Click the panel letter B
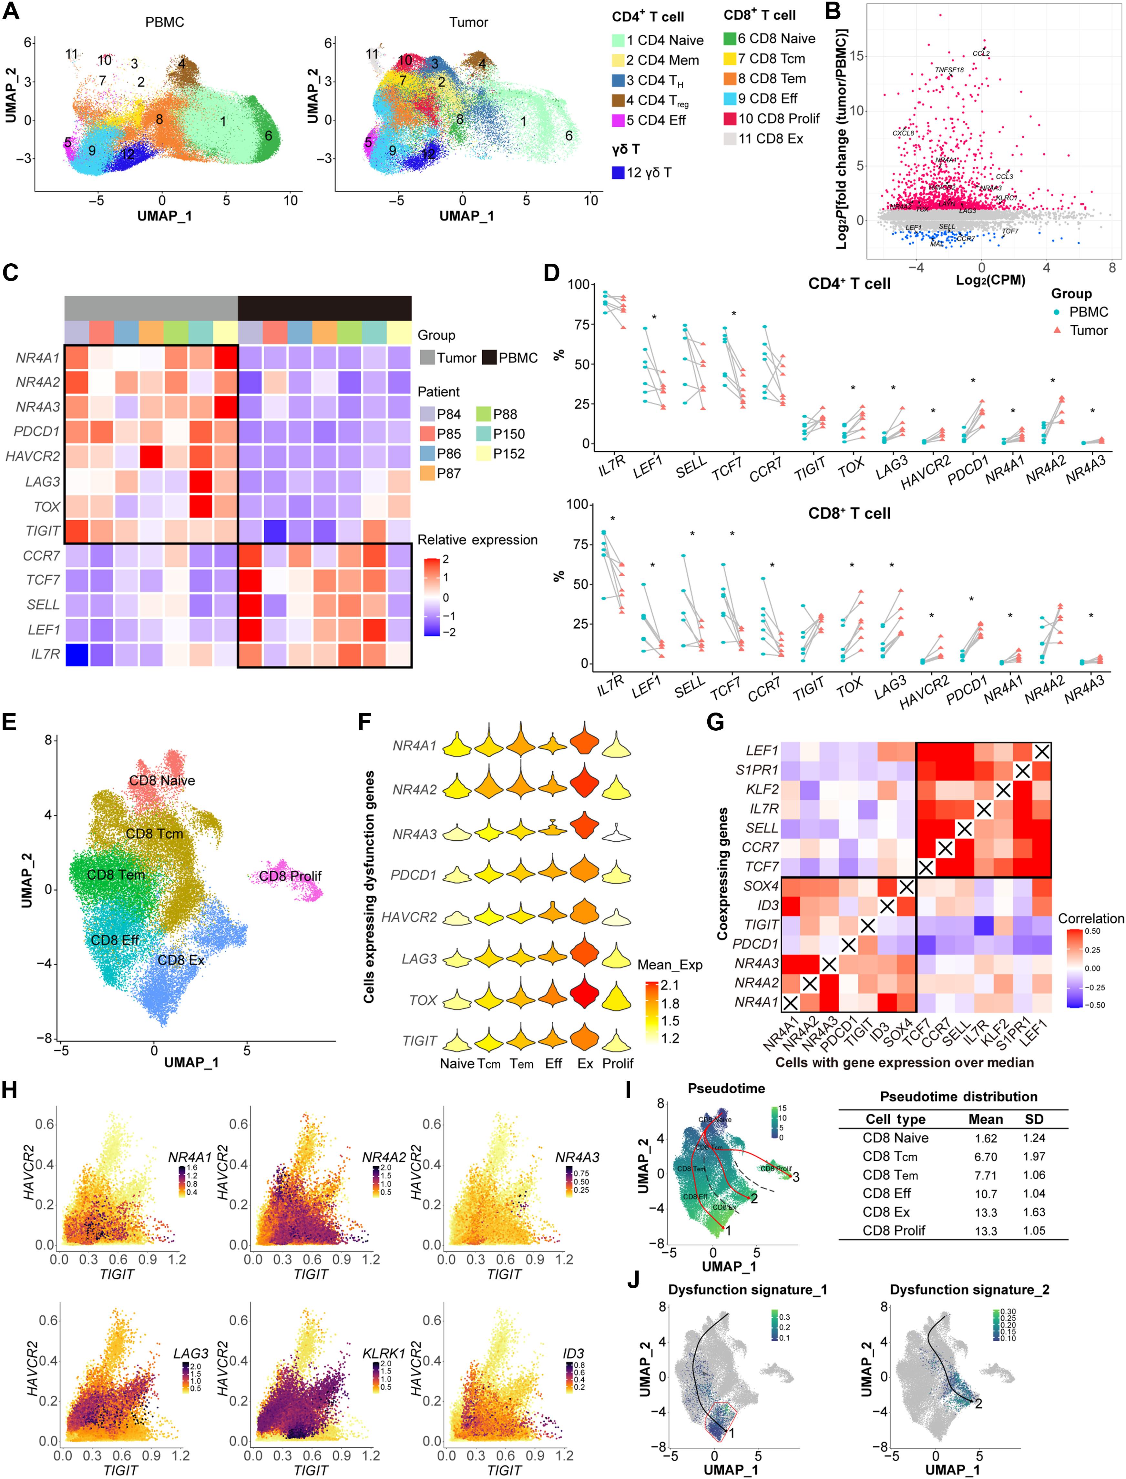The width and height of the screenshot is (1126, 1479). [833, 11]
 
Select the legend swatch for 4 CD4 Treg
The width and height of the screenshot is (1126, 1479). [618, 100]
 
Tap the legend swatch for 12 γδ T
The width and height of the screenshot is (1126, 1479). [618, 173]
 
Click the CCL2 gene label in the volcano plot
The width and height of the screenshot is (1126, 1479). [980, 54]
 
